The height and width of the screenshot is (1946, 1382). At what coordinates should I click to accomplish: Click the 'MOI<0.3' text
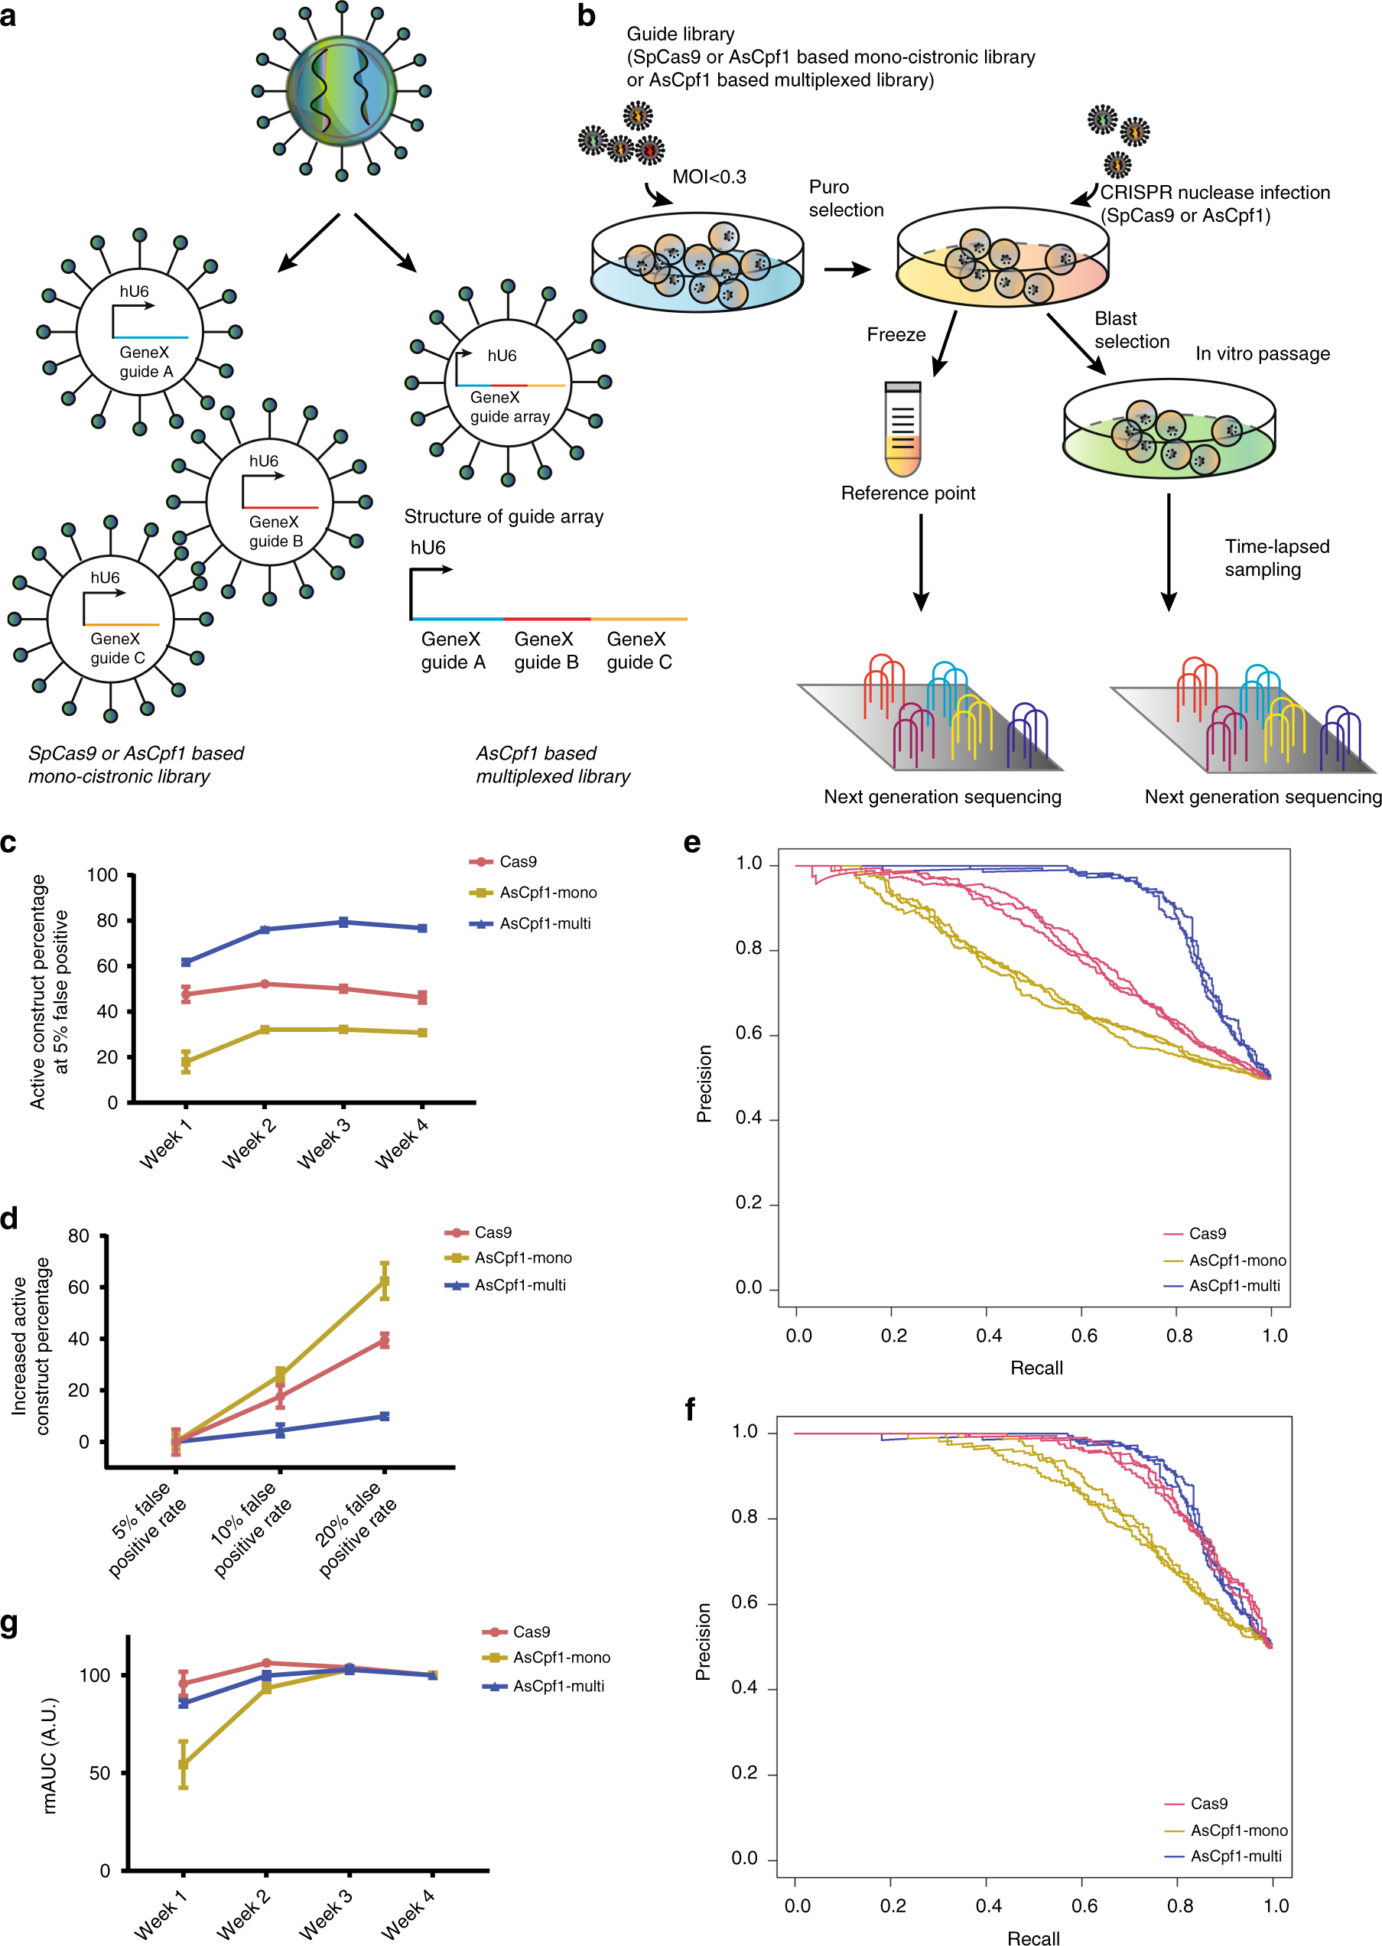pos(709,177)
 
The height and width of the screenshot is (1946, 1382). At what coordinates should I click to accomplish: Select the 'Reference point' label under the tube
pos(907,493)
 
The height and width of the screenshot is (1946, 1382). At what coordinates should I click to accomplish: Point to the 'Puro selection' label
pos(845,198)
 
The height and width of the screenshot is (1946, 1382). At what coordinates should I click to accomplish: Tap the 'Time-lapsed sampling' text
pos(1276,558)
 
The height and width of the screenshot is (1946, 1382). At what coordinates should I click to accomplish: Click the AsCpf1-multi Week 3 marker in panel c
pos(343,923)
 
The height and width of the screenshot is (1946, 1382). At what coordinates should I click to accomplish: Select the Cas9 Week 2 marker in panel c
pos(265,984)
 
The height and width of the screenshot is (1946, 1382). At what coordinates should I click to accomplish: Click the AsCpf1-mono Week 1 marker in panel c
pos(186,1062)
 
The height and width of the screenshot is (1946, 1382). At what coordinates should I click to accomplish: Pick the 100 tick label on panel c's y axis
pos(102,876)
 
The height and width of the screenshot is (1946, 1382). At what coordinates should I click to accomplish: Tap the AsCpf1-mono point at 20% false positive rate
pos(385,1281)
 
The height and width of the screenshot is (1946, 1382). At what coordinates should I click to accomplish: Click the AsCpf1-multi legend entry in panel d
pos(506,1286)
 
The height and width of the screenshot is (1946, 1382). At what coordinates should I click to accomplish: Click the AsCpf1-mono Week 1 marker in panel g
pos(183,1765)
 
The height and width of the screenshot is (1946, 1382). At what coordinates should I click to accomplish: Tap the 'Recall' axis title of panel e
pos(1036,1368)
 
